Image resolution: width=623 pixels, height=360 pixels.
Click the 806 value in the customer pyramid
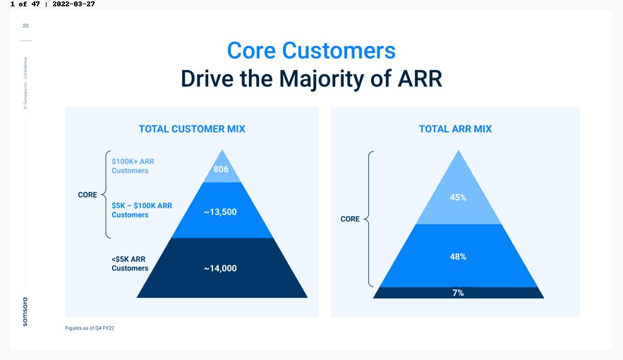[x=221, y=169]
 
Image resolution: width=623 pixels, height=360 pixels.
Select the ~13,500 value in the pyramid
[x=220, y=212]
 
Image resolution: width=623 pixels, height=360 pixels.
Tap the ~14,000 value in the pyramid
[x=220, y=268]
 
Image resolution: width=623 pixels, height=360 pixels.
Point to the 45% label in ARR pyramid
[x=458, y=198]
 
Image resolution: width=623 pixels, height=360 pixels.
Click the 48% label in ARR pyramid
[x=458, y=257]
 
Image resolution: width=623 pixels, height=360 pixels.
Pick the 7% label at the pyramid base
[x=458, y=293]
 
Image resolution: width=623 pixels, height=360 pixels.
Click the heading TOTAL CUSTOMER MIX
[x=192, y=128]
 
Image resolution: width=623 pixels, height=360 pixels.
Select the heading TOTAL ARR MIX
[x=455, y=128]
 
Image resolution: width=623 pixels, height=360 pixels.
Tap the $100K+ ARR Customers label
[x=133, y=166]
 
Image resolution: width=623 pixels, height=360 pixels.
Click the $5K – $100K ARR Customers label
[x=142, y=210]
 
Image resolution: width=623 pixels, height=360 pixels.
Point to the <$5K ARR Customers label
[x=130, y=263]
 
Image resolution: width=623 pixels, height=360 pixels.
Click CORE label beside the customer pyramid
[x=87, y=195]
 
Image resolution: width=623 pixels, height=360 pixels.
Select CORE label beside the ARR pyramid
[x=350, y=219]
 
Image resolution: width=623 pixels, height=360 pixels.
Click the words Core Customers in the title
[x=311, y=50]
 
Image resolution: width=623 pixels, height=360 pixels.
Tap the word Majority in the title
[x=322, y=78]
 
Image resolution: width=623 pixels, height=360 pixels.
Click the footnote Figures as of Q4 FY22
[x=90, y=328]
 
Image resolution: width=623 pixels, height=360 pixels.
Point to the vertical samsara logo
[x=25, y=312]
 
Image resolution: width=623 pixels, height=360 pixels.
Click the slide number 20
[x=25, y=25]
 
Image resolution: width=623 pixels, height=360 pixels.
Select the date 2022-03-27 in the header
[x=73, y=4]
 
